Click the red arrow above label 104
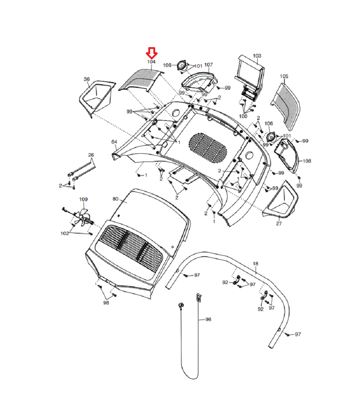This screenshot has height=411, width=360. (x=152, y=53)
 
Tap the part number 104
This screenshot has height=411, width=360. (x=151, y=62)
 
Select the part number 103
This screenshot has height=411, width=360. (x=257, y=56)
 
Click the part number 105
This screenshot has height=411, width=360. (x=284, y=76)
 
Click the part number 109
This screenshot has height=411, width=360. (x=83, y=199)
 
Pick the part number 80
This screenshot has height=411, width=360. (x=116, y=199)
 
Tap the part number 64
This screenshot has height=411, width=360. (x=114, y=142)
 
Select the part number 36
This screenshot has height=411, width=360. (x=87, y=79)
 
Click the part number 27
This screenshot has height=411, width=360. (x=279, y=224)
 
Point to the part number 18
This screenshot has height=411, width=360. (x=256, y=264)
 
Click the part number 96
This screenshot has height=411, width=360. (x=208, y=319)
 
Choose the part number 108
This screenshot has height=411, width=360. (x=307, y=161)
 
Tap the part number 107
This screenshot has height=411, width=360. (x=208, y=65)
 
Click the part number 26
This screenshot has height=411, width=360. (x=91, y=155)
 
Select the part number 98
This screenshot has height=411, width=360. (x=106, y=303)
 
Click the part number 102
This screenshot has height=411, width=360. (x=64, y=233)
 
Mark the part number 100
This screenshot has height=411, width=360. (x=243, y=116)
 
